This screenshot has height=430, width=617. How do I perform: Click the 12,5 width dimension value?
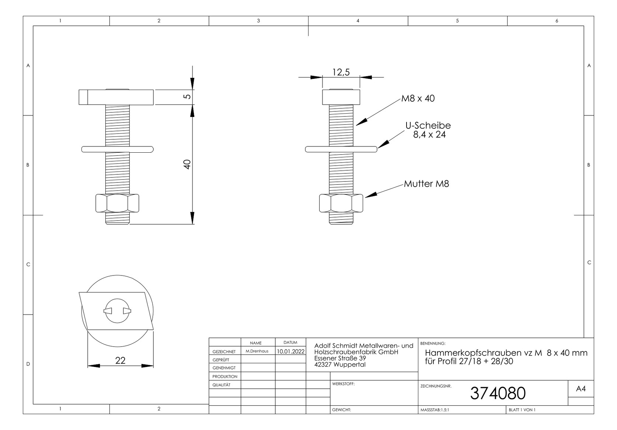tap(341, 72)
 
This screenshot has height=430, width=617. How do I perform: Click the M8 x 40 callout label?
tap(418, 98)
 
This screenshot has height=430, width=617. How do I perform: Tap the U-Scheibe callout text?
tap(428, 126)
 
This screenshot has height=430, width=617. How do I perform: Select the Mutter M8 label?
tap(426, 184)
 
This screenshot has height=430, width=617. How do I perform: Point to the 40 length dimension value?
tap(187, 164)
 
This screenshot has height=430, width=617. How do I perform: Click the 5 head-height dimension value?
tap(187, 97)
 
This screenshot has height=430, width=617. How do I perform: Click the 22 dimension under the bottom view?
tap(120, 361)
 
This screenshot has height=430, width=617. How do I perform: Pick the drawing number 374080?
tap(498, 393)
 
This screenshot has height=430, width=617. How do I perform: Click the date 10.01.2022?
tap(291, 351)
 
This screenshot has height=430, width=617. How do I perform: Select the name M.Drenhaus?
tap(257, 351)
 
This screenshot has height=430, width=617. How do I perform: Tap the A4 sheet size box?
tap(581, 389)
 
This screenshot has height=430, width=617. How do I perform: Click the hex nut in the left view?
tap(117, 203)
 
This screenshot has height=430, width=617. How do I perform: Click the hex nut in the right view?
tap(341, 203)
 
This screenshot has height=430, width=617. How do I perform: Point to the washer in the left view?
tap(117, 149)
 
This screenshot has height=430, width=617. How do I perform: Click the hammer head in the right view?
tap(341, 97)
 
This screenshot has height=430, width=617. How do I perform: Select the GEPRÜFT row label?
tap(221, 360)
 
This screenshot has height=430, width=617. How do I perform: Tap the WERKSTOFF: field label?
tap(343, 384)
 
